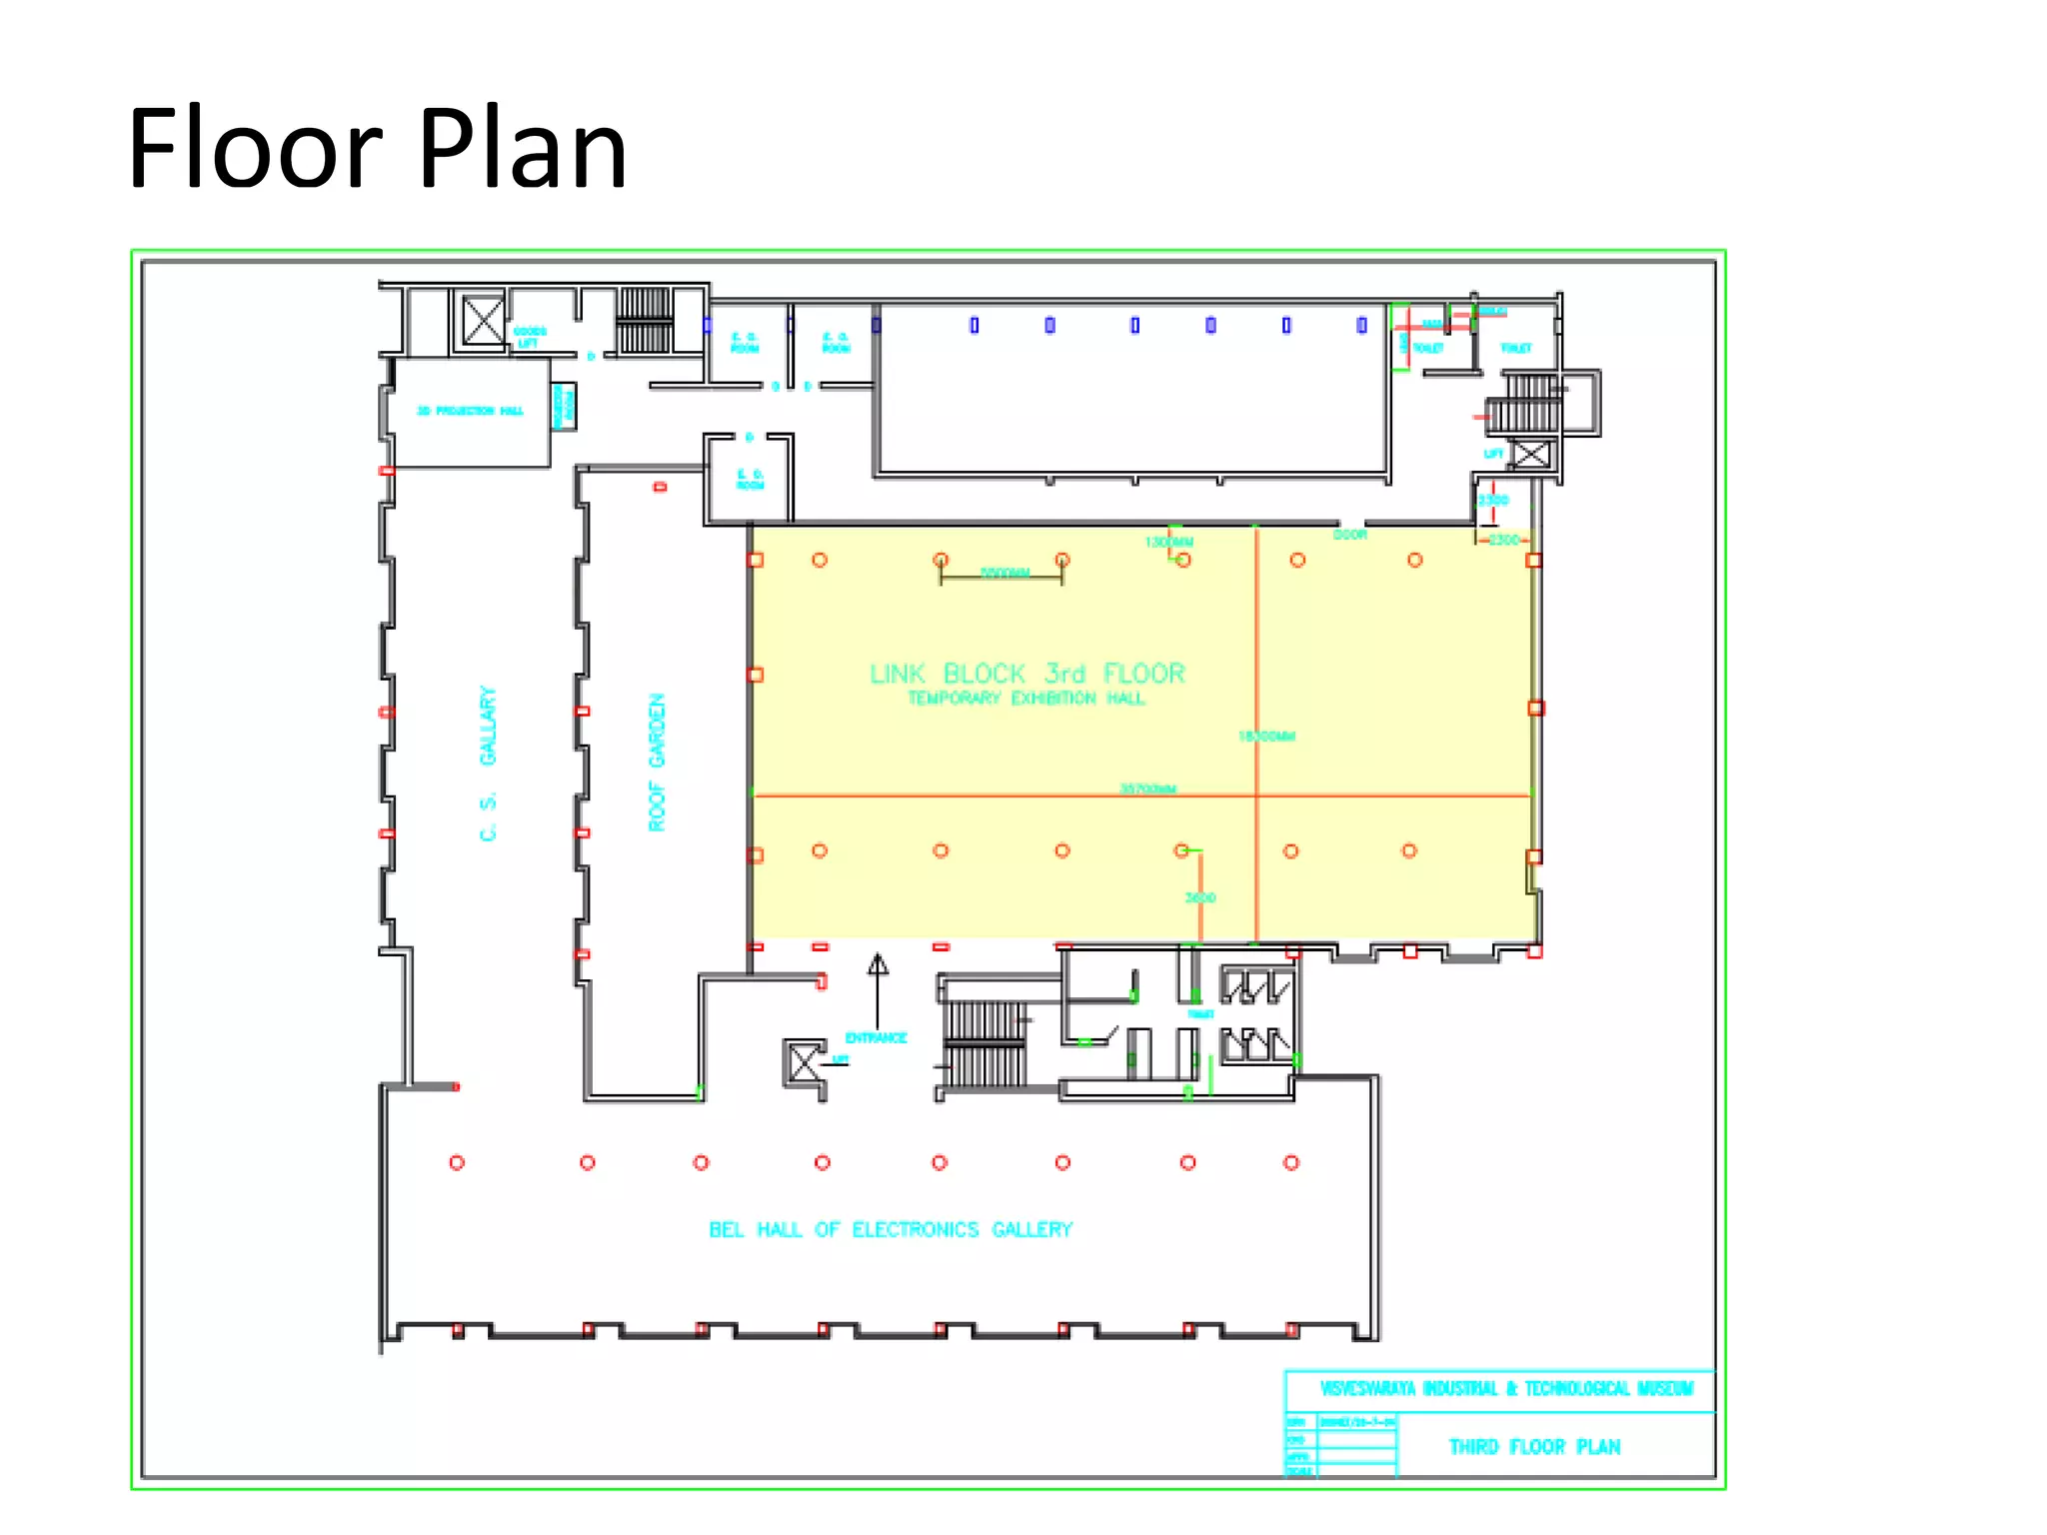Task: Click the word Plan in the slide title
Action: coord(522,150)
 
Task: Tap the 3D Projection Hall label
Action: coord(470,411)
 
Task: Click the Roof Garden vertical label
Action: coord(657,762)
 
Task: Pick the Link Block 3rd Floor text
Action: coord(1026,674)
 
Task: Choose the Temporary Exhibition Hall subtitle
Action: coord(1025,699)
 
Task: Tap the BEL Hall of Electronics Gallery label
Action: coord(890,1229)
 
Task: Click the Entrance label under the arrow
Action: coord(876,1037)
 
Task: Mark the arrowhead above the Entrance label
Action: coord(878,963)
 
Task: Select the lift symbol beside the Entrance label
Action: coord(805,1061)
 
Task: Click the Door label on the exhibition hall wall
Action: coord(1349,535)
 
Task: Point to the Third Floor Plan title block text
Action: coord(1534,1447)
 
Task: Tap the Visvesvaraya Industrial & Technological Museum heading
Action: coord(1506,1388)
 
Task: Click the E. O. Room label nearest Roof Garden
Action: coord(750,480)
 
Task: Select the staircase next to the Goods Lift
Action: coord(645,320)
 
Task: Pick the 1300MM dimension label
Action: coord(1168,543)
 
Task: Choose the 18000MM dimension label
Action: coord(1266,737)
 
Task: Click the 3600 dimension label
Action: coord(1200,897)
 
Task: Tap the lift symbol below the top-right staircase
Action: coord(1530,455)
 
